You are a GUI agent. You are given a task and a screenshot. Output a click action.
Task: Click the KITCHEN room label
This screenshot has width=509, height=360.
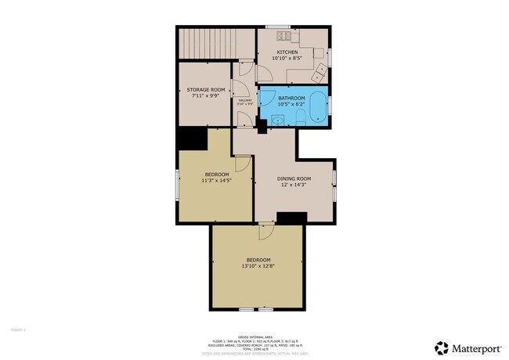(x=286, y=52)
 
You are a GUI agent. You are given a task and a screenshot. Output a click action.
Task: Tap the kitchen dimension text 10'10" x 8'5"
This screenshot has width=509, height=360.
(x=286, y=59)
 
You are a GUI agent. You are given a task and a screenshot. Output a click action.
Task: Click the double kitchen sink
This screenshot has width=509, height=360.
(x=320, y=73)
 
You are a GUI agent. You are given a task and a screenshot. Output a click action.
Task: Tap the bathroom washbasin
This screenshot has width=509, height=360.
(x=279, y=120)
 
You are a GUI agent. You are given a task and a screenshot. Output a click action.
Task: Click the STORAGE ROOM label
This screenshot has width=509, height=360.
(x=206, y=90)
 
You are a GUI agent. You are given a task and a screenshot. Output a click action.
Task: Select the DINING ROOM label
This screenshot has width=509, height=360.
(x=294, y=178)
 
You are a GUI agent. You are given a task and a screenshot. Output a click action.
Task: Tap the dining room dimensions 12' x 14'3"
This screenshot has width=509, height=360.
(x=294, y=185)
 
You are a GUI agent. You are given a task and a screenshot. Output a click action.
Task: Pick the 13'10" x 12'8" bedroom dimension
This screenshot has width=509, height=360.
(x=258, y=266)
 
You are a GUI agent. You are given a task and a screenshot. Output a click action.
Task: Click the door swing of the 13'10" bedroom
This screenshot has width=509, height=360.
(x=267, y=230)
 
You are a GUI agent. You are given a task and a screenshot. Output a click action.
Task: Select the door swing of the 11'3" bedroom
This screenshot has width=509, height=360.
(x=242, y=162)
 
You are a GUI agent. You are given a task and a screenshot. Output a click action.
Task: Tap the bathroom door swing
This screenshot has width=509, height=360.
(x=266, y=99)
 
